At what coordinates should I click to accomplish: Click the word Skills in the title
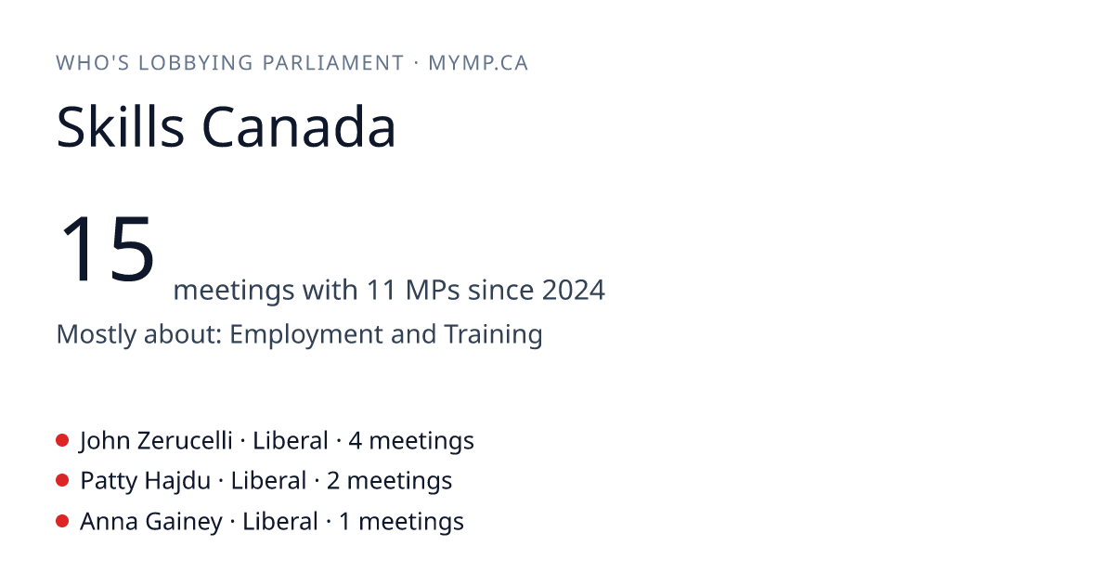coord(121,126)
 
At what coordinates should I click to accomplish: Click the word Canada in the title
coord(298,126)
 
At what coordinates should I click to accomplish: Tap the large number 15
coord(107,248)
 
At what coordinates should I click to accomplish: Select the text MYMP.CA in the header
coord(478,63)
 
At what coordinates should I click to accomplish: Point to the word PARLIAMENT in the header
coord(332,63)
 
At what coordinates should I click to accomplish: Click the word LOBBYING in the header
coord(196,63)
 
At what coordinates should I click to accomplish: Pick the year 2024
coord(574,290)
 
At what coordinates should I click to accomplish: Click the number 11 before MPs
coord(382,290)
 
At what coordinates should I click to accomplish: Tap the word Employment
coord(305,334)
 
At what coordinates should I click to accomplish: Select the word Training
coord(493,334)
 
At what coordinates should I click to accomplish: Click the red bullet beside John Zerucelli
coord(62,440)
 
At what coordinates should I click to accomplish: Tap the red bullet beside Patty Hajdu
coord(62,481)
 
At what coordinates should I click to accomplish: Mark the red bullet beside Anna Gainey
coord(62,521)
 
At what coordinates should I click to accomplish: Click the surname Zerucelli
coord(185,440)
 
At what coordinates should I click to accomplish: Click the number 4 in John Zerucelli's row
coord(355,440)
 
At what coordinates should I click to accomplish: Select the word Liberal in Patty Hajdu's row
coord(268,481)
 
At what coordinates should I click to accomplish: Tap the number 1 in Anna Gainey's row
coord(344,521)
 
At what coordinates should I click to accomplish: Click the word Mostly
coord(96,334)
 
